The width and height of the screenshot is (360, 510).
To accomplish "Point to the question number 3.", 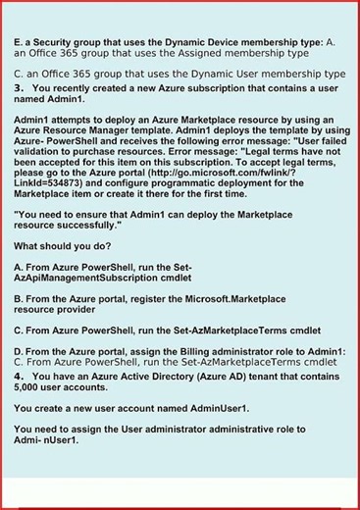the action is click(x=19, y=86).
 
